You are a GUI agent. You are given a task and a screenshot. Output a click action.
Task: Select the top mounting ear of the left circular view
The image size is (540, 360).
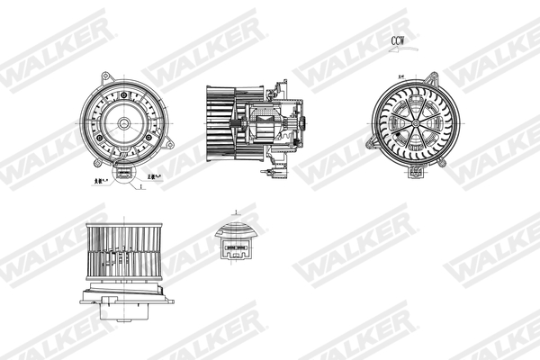tap(105, 76)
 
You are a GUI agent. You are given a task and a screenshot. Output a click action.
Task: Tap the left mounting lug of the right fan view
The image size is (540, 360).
tap(370, 142)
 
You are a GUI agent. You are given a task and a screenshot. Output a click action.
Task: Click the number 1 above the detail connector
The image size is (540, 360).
tap(236, 213)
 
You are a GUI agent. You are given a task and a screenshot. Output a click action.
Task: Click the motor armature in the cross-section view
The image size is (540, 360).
tap(268, 121)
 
